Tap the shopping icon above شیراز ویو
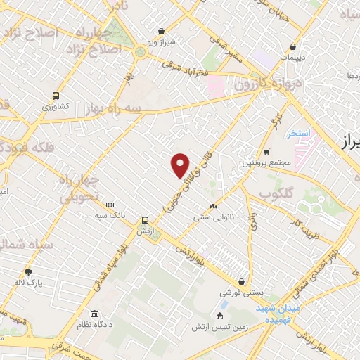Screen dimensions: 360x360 click(x=162, y=31)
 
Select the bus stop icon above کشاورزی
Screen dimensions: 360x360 click(x=56, y=96)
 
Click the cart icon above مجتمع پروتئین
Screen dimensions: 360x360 click(x=266, y=152)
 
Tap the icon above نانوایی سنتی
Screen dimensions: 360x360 click(x=213, y=207)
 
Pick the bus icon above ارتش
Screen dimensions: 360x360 click(x=145, y=219)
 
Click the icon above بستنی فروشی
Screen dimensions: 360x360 click(x=241, y=281)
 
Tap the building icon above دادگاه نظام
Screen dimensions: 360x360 click(x=94, y=314)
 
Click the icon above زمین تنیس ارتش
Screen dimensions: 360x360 click(x=220, y=316)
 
